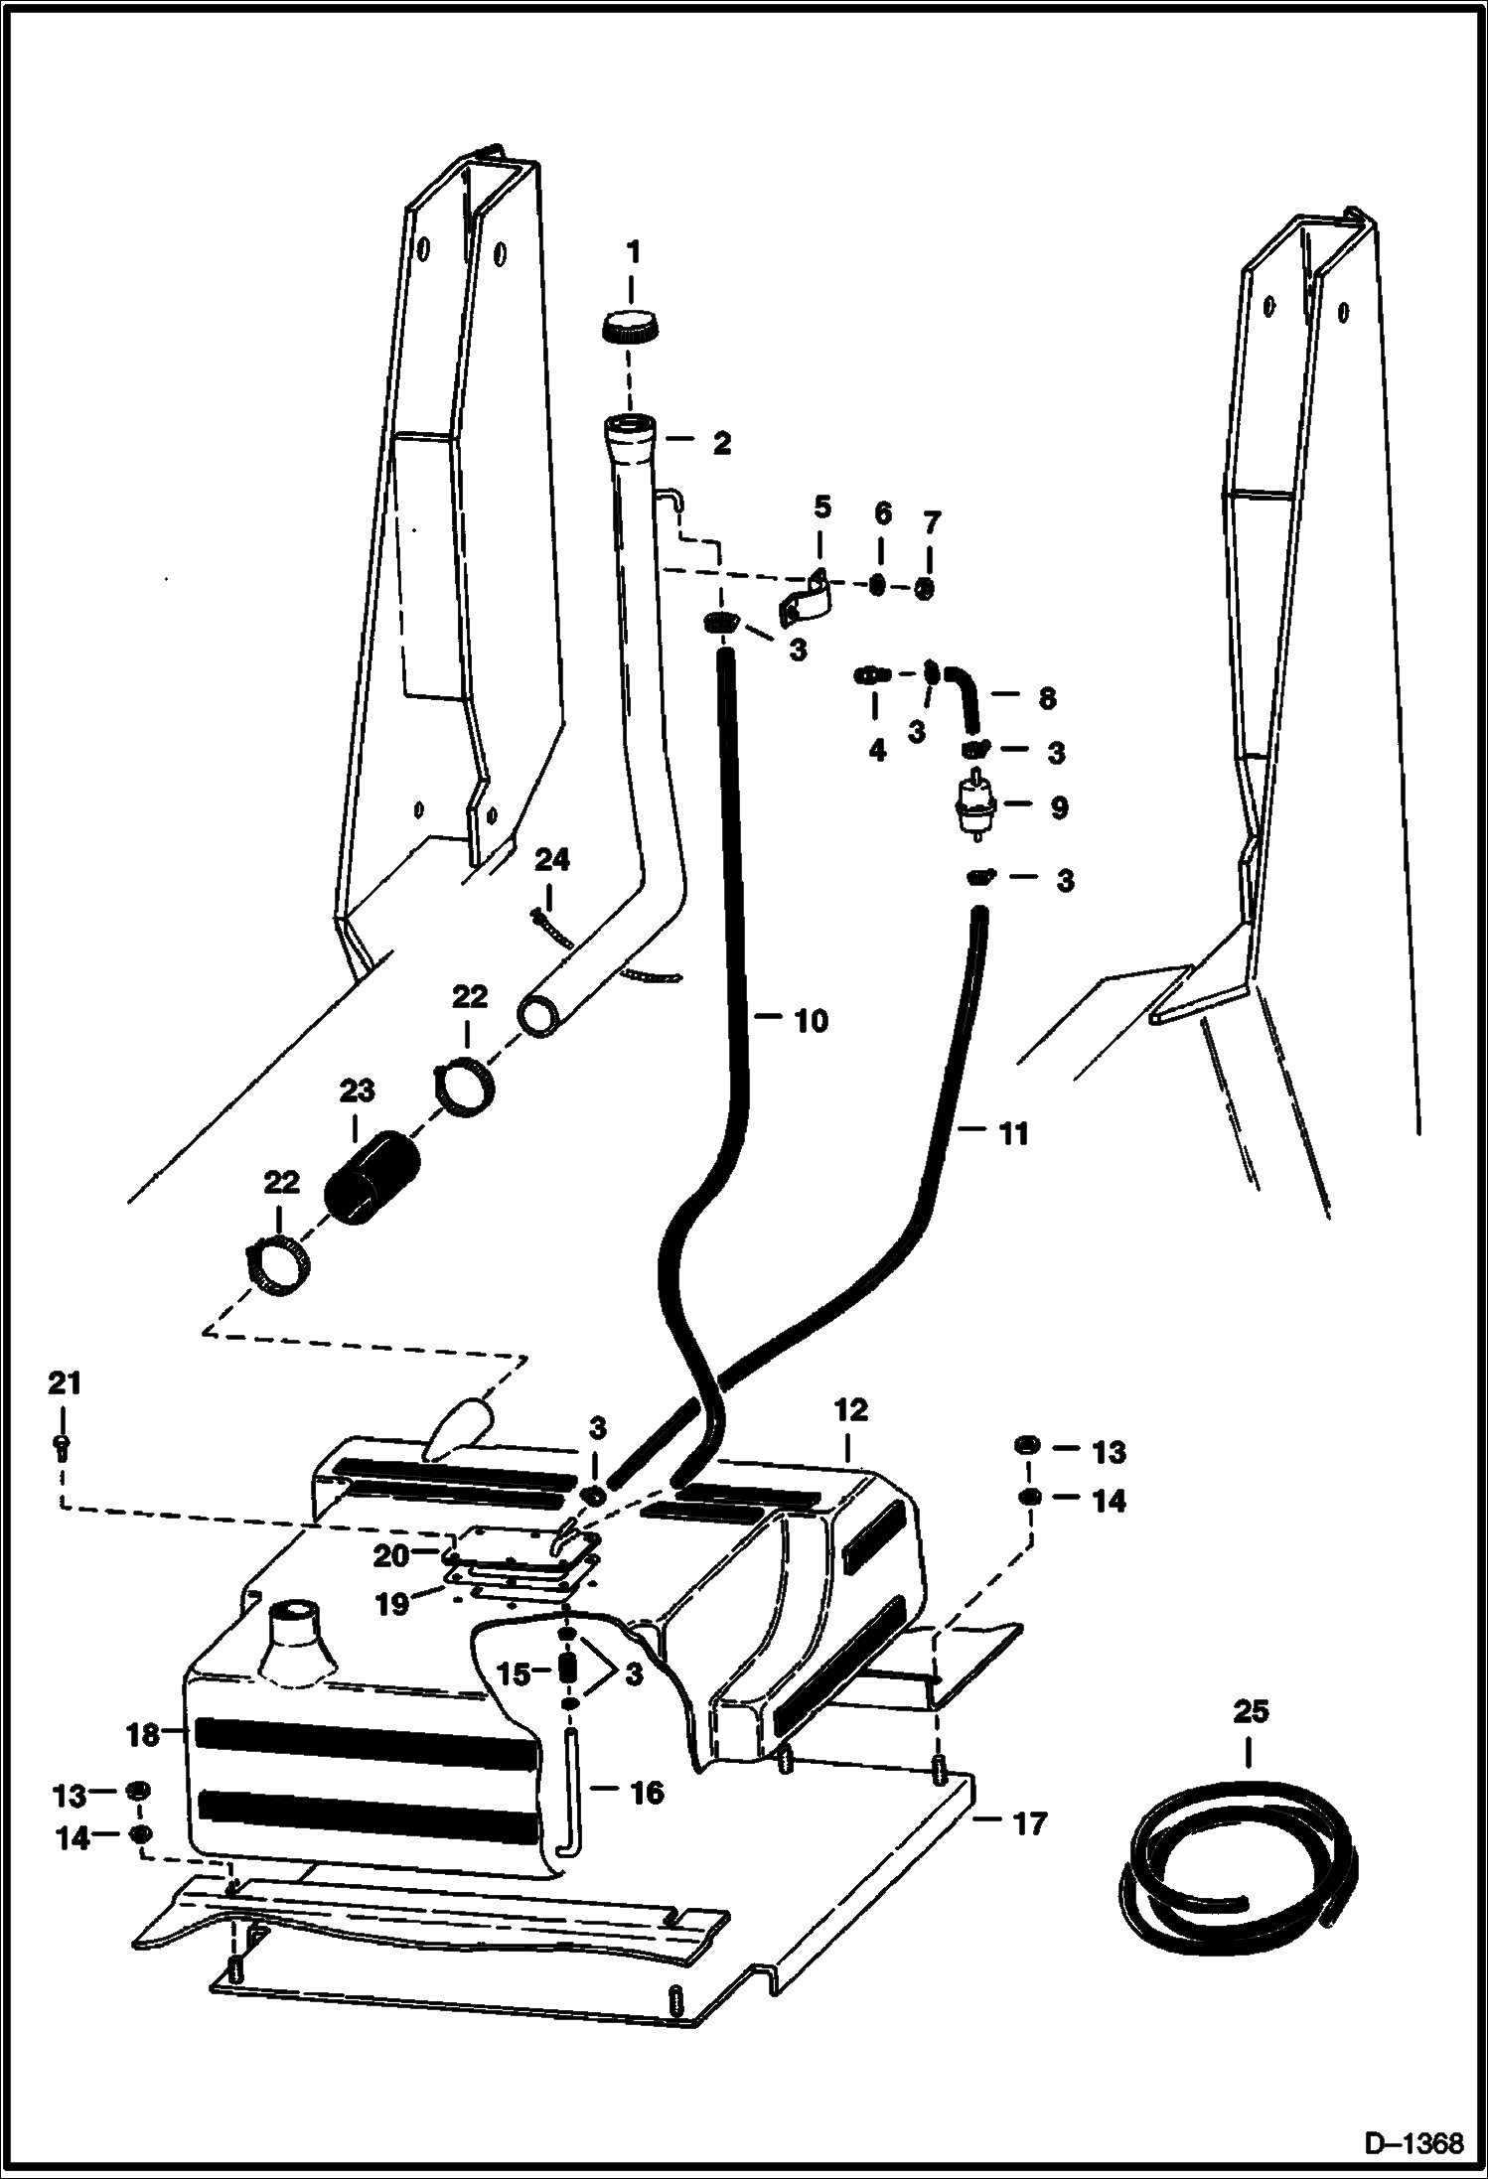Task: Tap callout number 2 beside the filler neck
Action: click(722, 443)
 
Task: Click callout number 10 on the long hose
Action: click(811, 1020)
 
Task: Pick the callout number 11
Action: click(1012, 1133)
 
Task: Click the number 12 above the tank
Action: click(851, 1409)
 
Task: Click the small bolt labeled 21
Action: click(62, 1449)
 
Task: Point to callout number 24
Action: click(552, 860)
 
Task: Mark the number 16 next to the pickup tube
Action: click(647, 1793)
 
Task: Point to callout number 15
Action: click(514, 1673)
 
